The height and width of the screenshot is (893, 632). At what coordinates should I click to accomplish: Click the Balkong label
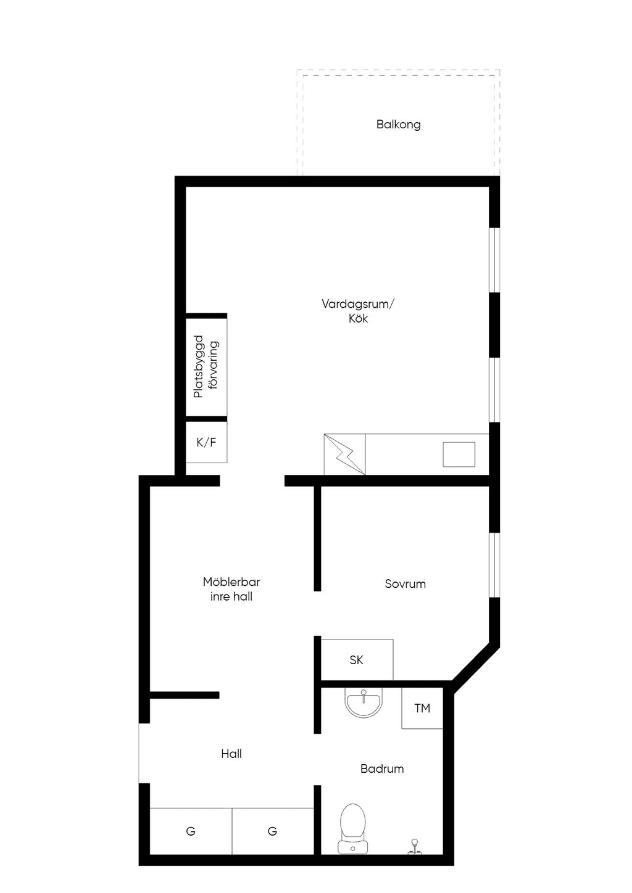point(398,125)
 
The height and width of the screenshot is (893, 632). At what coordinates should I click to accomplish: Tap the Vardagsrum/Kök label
point(358,311)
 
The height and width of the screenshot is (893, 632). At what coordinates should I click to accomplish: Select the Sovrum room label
point(405,584)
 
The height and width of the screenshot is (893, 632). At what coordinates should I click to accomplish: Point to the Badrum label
point(382,768)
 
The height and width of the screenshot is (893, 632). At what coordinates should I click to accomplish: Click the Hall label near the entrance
point(231,754)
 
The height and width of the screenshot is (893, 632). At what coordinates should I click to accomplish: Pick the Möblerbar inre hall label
point(231,589)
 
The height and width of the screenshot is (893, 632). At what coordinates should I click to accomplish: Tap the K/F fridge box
point(206,442)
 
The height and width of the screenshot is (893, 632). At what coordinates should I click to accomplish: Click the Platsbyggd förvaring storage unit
point(206,366)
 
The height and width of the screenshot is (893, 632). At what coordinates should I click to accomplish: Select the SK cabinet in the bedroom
point(357,660)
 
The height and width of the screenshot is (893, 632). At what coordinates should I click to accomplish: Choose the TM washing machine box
point(422,709)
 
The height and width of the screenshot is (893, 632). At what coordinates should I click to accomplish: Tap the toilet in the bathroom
point(352,829)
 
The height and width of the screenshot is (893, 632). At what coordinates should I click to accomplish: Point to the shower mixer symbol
point(415,846)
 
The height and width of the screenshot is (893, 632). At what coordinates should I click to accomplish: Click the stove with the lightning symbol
point(344,454)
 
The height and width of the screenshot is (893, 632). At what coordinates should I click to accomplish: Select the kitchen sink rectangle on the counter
point(459,454)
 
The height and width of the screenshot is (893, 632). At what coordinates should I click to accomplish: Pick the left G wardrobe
point(191,831)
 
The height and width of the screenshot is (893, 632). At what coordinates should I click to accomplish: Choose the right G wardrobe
point(273,831)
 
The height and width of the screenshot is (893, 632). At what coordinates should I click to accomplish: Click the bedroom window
point(495,565)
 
